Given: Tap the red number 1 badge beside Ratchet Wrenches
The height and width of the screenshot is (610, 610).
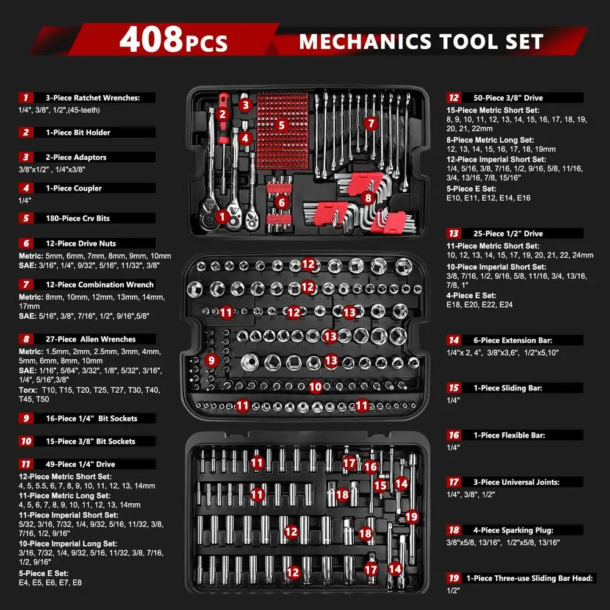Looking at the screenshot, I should click(26, 98).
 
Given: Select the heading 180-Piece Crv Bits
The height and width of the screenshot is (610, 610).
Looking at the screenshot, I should click(77, 218).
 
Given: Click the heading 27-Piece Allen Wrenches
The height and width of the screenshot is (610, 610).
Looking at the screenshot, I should click(90, 339).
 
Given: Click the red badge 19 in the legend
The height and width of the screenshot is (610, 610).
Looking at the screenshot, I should click(453, 578).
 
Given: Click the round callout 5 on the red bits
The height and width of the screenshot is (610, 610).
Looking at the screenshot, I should click(281, 125).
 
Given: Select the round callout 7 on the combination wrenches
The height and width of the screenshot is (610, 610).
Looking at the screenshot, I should click(370, 123).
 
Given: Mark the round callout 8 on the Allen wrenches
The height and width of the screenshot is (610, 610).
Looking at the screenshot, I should click(367, 198).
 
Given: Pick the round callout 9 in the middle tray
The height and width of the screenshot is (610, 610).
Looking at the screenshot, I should click(212, 360).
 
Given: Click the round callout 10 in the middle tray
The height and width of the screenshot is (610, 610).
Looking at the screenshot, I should click(315, 386).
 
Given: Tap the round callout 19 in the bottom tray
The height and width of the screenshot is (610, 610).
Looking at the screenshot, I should click(412, 517).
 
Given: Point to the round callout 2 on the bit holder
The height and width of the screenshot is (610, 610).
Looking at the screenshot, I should click(223, 113).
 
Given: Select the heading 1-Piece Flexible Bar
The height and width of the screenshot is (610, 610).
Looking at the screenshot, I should click(504, 436).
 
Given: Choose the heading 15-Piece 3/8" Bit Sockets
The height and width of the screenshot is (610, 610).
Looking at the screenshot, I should click(85, 441).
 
